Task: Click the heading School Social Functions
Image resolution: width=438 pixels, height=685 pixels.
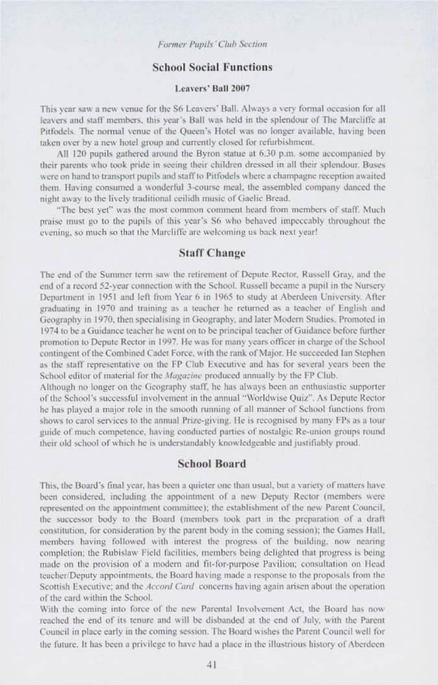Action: [x=211, y=67]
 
